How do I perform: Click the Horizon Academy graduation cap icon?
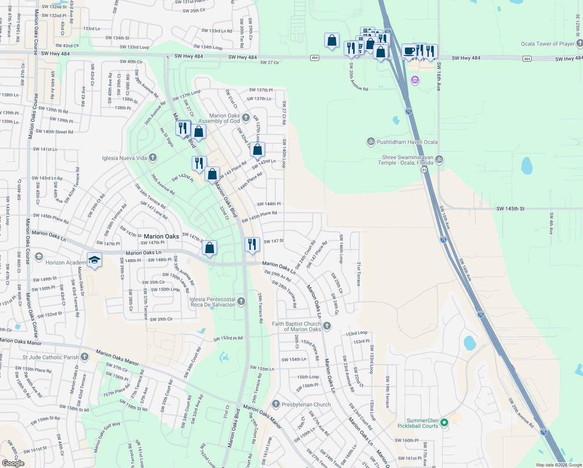94,260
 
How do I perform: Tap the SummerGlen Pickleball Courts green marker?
444,423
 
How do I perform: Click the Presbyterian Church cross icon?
276,404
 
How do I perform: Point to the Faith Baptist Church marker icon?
327,326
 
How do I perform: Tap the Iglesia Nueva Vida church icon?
153,158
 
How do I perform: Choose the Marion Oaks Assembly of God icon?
246,117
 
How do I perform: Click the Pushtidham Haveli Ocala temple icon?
371,142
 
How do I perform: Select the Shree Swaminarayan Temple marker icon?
439,159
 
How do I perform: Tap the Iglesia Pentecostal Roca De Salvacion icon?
241,301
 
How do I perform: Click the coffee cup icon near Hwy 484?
409,51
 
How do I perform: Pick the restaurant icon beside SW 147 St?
252,244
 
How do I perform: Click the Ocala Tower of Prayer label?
548,44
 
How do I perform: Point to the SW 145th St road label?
510,209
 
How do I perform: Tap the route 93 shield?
424,170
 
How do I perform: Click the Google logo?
13,463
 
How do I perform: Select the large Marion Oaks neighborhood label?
161,236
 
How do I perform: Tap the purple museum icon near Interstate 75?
415,80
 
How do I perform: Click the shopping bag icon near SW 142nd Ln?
258,149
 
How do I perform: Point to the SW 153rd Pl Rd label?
228,339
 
